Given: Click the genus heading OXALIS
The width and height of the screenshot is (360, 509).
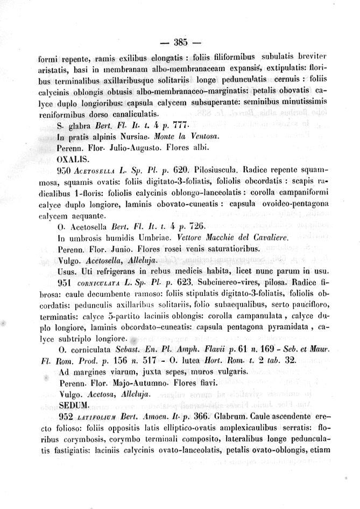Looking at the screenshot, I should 72,159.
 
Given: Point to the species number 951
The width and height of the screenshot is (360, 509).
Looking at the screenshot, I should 65,281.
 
